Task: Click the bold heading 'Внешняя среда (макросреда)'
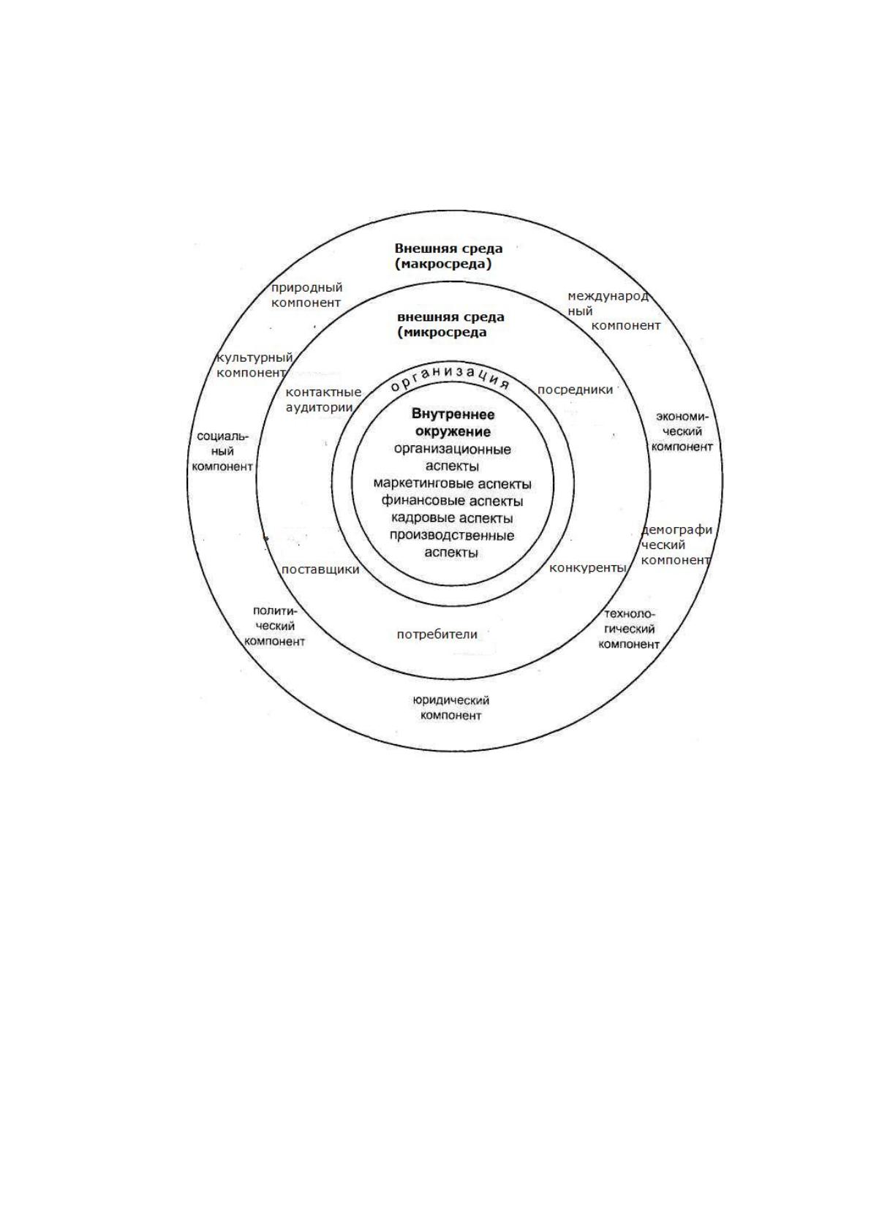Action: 448,256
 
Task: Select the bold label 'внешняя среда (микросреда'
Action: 450,325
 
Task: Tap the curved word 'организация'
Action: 449,377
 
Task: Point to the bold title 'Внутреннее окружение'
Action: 453,422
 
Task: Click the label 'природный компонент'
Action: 306,295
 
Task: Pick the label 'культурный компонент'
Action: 253,365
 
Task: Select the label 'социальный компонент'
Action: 222,451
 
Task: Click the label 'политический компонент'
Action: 274,626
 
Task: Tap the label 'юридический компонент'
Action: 450,708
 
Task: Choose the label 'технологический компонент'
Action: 628,629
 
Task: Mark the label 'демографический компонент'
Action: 676,545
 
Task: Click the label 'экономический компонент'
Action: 682,431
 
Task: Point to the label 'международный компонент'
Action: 614,311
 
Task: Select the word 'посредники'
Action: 575,390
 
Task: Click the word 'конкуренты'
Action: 588,568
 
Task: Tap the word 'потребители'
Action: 437,635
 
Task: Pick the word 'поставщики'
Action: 320,570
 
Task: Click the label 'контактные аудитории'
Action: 323,400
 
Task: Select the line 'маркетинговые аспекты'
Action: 452,484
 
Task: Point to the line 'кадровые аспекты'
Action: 452,518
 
